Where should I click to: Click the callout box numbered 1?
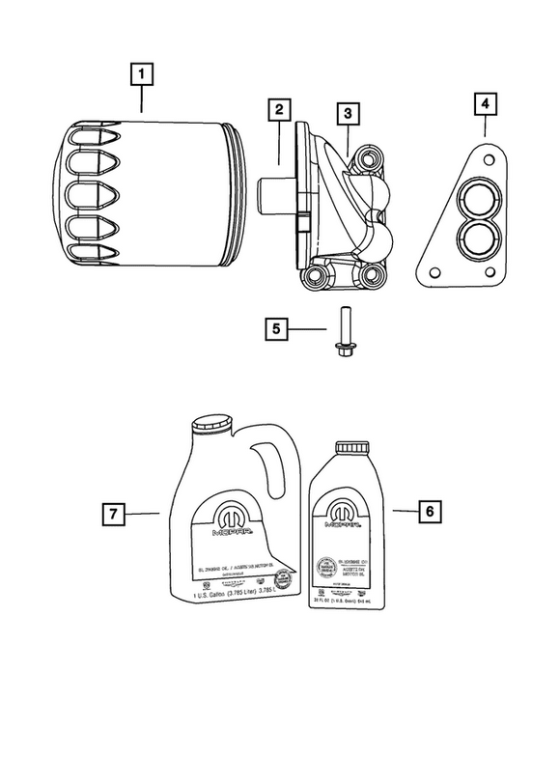click(142, 73)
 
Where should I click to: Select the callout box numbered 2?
click(278, 109)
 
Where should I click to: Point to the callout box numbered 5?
click(276, 329)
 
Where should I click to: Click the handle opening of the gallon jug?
click(267, 472)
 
